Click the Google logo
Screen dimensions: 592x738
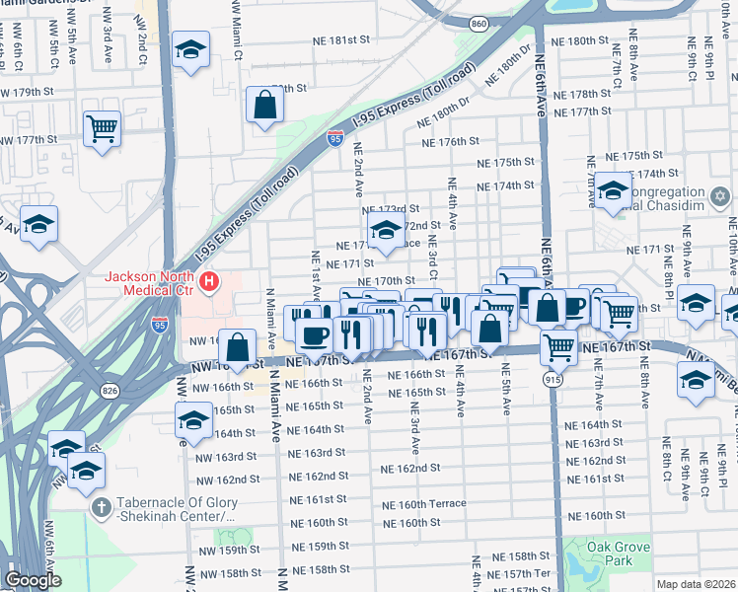33,580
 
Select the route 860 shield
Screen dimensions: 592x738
479,23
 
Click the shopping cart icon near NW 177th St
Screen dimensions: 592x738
103,128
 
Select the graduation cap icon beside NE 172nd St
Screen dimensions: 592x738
385,233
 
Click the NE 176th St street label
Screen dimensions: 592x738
450,142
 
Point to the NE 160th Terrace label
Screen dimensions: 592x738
424,503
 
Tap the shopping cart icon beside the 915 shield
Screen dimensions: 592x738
559,346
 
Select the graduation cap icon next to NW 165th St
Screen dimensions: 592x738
191,419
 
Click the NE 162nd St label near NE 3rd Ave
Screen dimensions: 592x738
409,469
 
